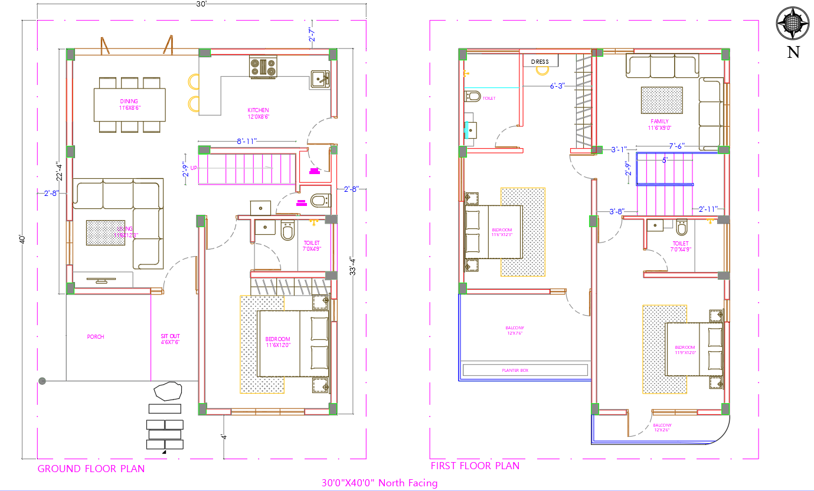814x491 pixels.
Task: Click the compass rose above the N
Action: click(x=793, y=24)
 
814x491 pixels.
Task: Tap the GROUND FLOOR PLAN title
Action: click(x=91, y=469)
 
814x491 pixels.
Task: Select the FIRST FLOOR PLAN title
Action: click(x=475, y=466)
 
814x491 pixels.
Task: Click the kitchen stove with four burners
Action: click(x=263, y=67)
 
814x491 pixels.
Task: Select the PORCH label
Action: click(x=96, y=337)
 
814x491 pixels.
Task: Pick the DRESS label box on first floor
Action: click(x=540, y=61)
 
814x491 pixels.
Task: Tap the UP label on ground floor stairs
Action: click(x=194, y=167)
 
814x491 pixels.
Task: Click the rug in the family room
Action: click(x=662, y=100)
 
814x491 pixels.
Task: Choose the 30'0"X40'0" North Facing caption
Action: click(x=380, y=483)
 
